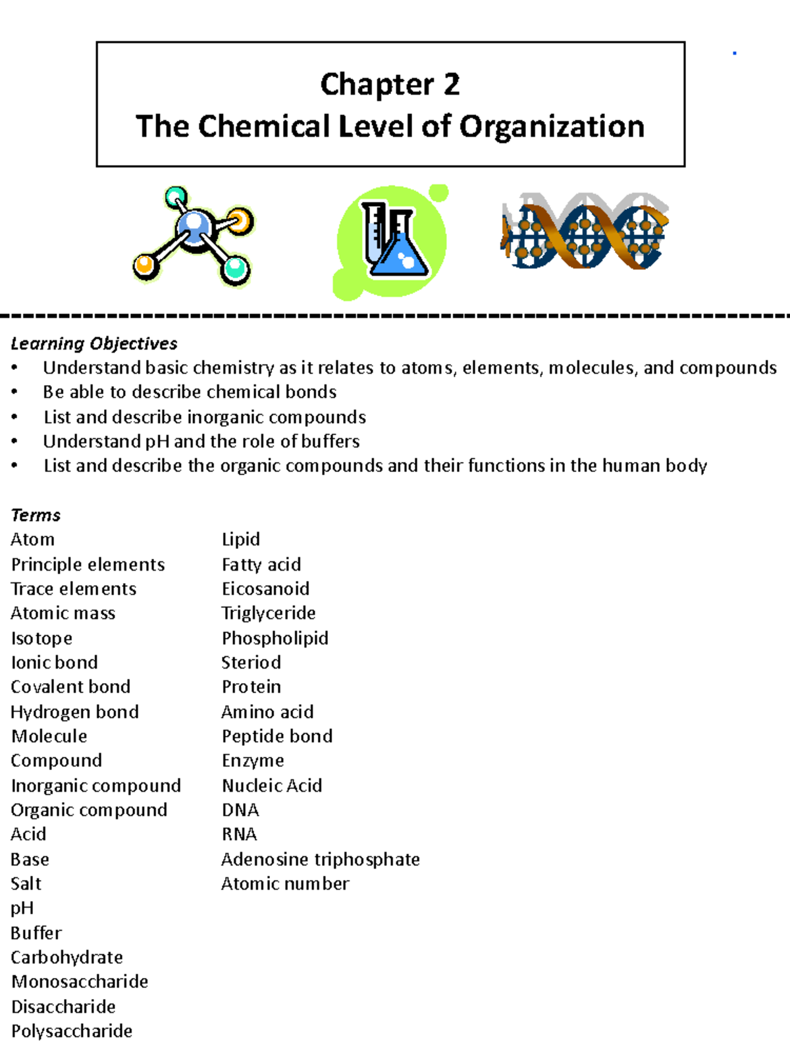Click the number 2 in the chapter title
[x=451, y=84]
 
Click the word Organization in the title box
[x=552, y=126]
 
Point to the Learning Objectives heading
[x=94, y=344]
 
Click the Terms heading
[x=36, y=515]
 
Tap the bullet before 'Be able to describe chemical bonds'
[x=14, y=393]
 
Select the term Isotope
[x=41, y=638]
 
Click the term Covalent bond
[x=70, y=687]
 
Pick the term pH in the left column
[x=22, y=908]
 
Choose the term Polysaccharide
[x=72, y=1031]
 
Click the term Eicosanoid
[x=265, y=589]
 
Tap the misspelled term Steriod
[x=251, y=663]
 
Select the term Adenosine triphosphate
[x=321, y=860]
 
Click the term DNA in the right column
[x=240, y=810]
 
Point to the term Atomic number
[x=285, y=884]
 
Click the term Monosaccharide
[x=80, y=982]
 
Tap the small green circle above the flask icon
[x=438, y=193]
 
